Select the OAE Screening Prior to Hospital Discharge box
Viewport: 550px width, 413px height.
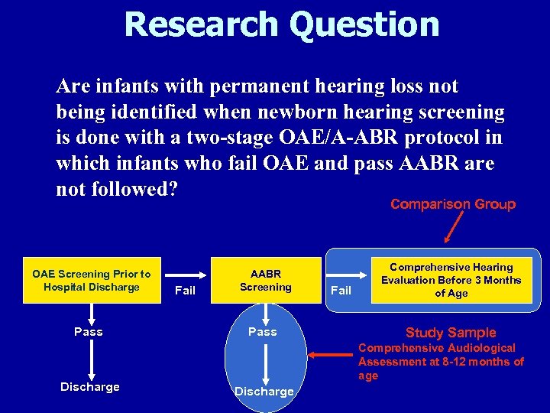tap(92, 281)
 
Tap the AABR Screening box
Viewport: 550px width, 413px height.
tap(266, 281)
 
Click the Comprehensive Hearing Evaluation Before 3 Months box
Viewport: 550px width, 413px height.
tap(451, 280)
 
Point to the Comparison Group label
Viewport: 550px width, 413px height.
tap(453, 204)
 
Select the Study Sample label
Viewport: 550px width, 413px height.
tap(451, 332)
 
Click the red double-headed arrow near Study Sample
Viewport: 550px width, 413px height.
tap(329, 355)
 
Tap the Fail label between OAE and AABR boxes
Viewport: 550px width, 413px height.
tap(185, 291)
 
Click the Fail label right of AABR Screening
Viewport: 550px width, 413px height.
tap(341, 291)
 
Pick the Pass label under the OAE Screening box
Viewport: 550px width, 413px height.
tap(89, 332)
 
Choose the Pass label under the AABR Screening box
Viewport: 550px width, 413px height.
tap(263, 332)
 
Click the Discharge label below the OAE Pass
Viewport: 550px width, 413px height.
tap(90, 387)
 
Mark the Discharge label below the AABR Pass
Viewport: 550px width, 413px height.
tap(264, 392)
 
